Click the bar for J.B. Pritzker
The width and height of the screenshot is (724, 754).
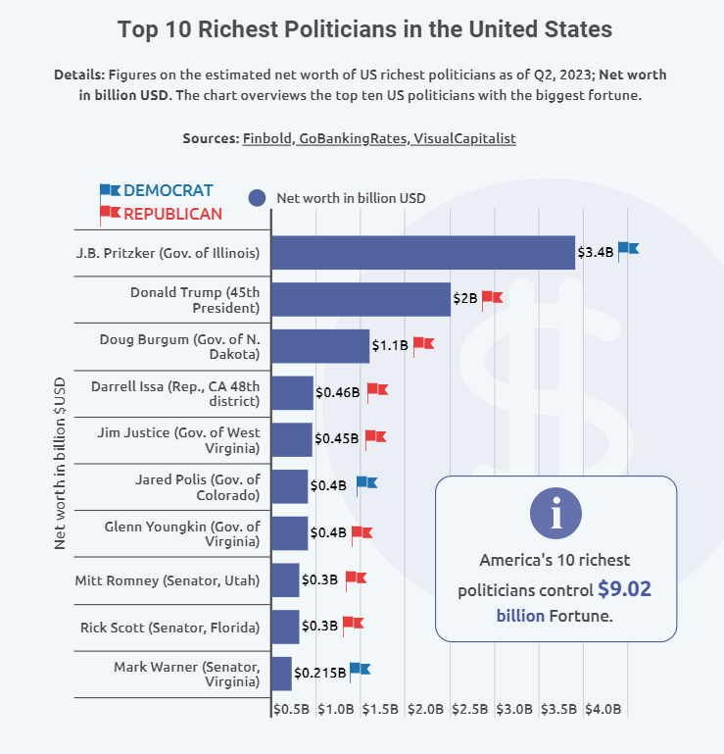pyautogui.click(x=422, y=253)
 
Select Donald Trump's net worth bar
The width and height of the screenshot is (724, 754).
pyautogui.click(x=361, y=299)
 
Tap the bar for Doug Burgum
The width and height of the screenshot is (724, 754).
pyautogui.click(x=319, y=346)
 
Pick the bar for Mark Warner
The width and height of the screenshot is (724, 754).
pyautogui.click(x=281, y=674)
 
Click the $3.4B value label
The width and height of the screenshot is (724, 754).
pyautogui.click(x=596, y=252)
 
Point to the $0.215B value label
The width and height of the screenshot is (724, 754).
pyautogui.click(x=319, y=674)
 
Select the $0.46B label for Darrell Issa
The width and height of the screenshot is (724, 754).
pyautogui.click(x=337, y=392)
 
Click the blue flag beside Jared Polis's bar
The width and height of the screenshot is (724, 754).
pyautogui.click(x=366, y=482)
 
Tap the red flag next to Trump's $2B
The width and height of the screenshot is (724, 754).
pyautogui.click(x=492, y=297)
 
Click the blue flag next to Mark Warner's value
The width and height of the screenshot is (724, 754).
pyautogui.click(x=361, y=670)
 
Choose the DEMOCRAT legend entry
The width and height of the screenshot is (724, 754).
pyautogui.click(x=168, y=190)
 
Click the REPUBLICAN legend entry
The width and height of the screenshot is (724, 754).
pyautogui.click(x=172, y=214)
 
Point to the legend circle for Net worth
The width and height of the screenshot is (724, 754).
pyautogui.click(x=258, y=197)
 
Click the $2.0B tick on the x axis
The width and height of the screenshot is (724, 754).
pyautogui.click(x=426, y=709)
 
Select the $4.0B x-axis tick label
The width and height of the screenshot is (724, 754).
pyautogui.click(x=603, y=709)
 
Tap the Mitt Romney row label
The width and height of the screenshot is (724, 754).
pyautogui.click(x=167, y=580)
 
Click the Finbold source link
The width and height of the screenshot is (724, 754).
pyautogui.click(x=266, y=138)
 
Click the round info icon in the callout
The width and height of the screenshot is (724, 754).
pyautogui.click(x=555, y=512)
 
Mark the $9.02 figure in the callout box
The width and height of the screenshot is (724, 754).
pyautogui.click(x=624, y=589)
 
